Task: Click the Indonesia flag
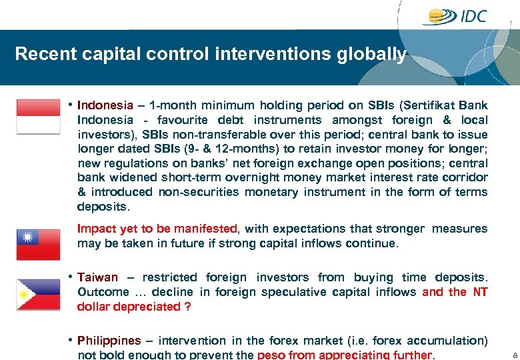point(38,117)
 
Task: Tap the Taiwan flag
point(38,244)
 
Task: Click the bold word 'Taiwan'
point(97,277)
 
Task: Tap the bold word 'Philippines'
point(109,341)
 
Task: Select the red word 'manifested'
point(205,229)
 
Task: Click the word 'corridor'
point(463,177)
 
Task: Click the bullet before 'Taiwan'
point(70,277)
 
